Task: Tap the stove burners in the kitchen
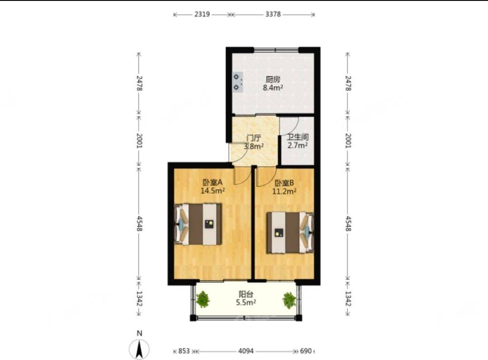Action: pos(237,82)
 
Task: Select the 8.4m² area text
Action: pos(273,88)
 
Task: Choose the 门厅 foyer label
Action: pos(253,138)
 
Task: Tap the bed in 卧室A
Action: pos(198,224)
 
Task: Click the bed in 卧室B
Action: pos(290,232)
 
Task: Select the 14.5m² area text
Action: pos(213,191)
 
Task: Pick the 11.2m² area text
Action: pos(284,191)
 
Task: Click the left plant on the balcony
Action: pos(203,299)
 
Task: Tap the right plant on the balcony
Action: pos(289,300)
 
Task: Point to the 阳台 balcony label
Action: pos(246,294)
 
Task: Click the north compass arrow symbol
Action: pos(140,350)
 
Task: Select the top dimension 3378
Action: pos(273,14)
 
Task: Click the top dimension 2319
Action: pos(202,14)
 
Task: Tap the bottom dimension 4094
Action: pos(246,351)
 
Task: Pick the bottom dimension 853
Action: pos(184,351)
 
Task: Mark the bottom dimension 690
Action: pos(306,351)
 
